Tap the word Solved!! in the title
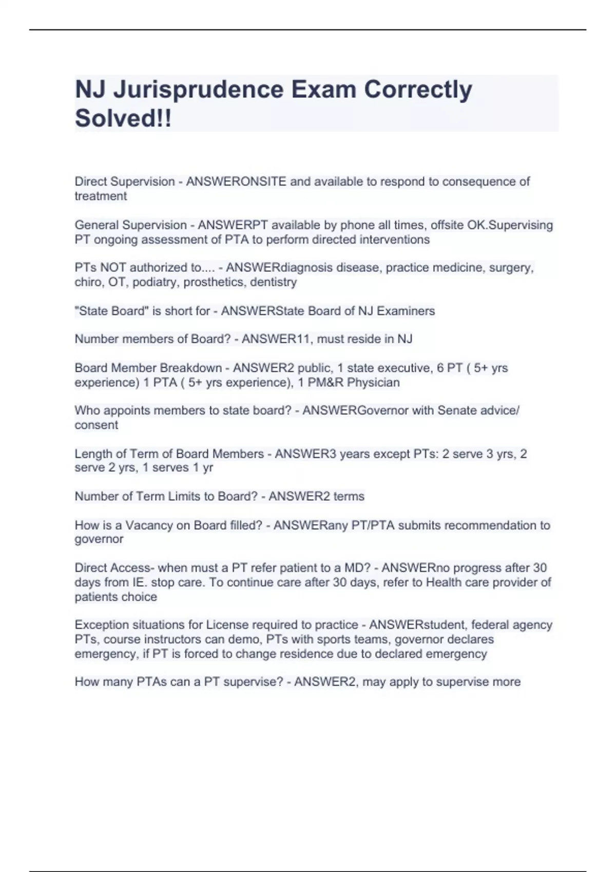[x=123, y=118]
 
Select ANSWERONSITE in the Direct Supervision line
[x=236, y=182]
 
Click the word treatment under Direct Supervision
[x=101, y=196]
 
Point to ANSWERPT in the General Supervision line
[x=233, y=225]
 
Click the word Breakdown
[x=190, y=368]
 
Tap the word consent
[x=96, y=425]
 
